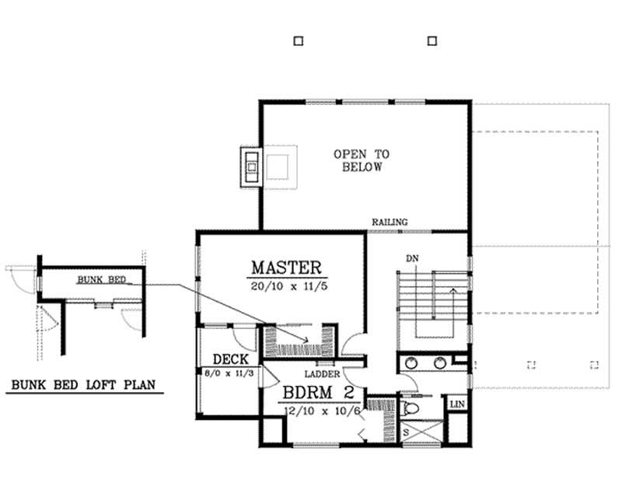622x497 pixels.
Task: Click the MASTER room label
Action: [285, 268]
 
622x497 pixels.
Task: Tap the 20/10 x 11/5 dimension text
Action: [285, 285]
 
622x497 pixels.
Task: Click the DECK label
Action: [230, 359]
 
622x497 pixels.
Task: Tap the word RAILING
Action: [389, 222]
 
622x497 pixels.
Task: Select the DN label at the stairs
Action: [413, 258]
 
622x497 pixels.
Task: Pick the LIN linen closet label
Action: [456, 405]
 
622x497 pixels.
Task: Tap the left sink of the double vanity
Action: [411, 362]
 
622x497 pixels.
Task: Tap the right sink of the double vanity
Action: [440, 362]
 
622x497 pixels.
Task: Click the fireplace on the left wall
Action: [252, 165]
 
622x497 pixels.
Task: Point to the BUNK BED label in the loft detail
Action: [96, 279]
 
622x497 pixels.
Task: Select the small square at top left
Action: [298, 41]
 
